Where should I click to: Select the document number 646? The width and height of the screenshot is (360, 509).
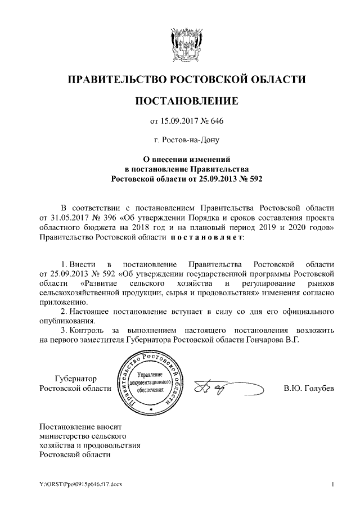point(218,120)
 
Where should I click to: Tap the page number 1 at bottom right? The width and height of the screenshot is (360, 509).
point(334,485)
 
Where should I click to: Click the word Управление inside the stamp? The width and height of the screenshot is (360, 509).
point(150,374)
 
